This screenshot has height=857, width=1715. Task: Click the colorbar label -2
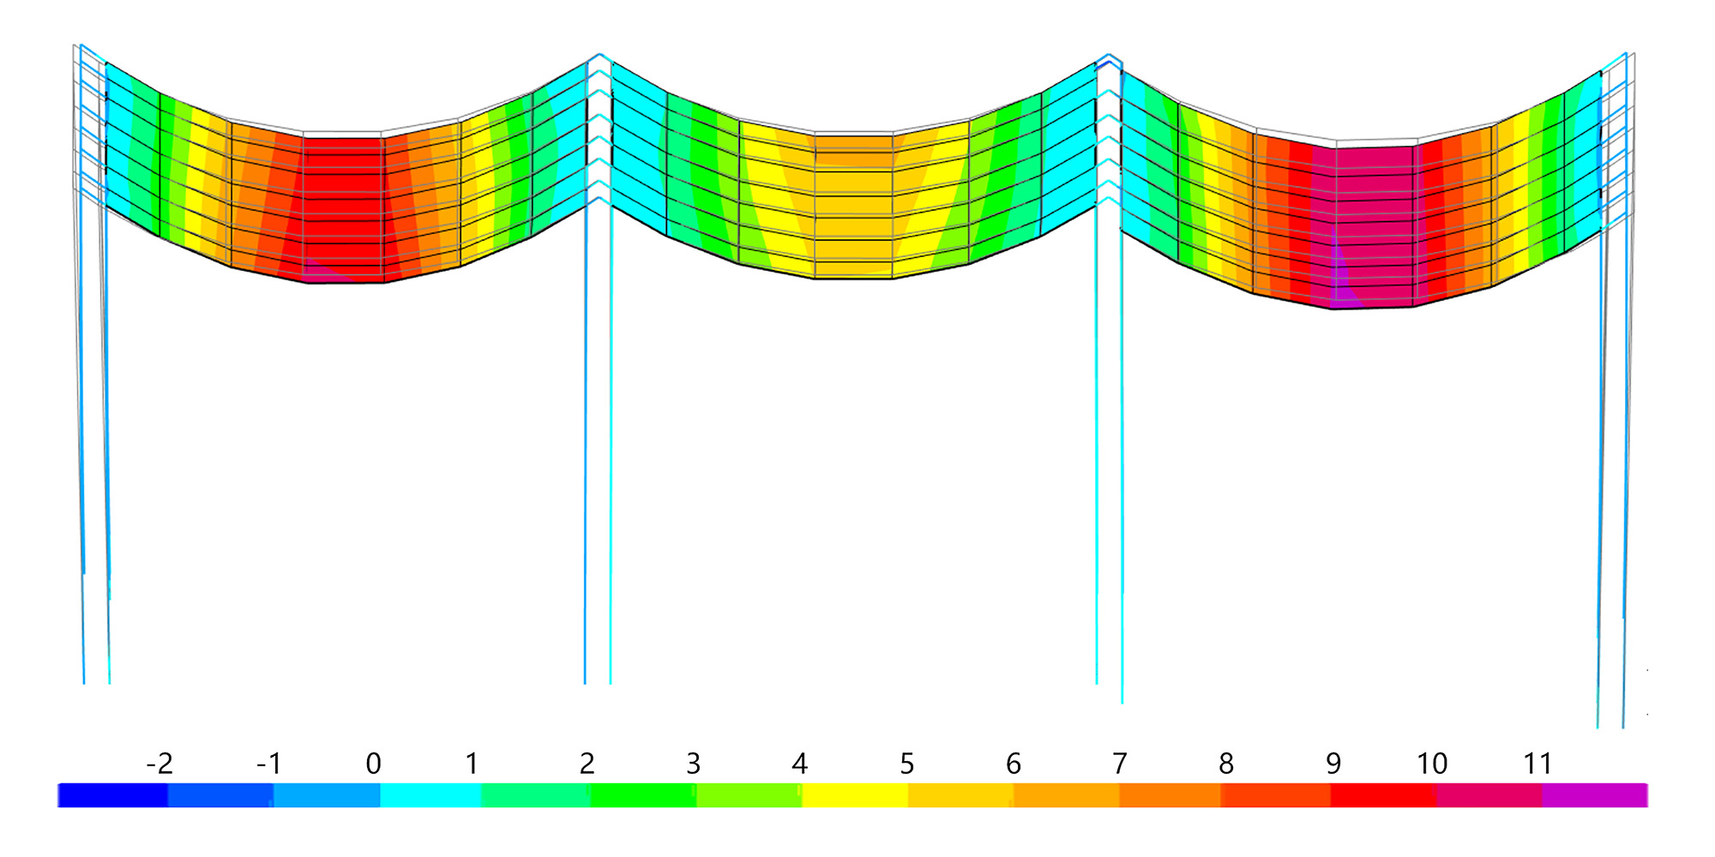pyautogui.click(x=159, y=763)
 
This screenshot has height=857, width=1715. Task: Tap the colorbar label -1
pyautogui.click(x=269, y=763)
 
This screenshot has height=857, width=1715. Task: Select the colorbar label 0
pyautogui.click(x=373, y=763)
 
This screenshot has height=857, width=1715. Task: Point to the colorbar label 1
pyautogui.click(x=472, y=763)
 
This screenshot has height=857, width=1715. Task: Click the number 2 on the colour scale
pyautogui.click(x=587, y=763)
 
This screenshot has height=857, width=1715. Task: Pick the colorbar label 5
pyautogui.click(x=906, y=763)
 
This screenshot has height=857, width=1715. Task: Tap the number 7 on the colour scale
pyautogui.click(x=1119, y=763)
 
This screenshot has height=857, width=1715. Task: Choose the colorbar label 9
pyautogui.click(x=1333, y=763)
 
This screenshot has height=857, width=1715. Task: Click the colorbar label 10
pyautogui.click(x=1431, y=763)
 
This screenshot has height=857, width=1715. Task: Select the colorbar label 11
pyautogui.click(x=1537, y=763)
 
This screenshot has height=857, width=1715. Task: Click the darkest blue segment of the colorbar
pyautogui.click(x=112, y=795)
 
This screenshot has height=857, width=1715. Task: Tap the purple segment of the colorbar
pyautogui.click(x=1594, y=795)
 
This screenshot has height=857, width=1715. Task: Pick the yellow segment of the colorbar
pyautogui.click(x=854, y=795)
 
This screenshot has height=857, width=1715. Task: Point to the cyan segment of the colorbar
pyautogui.click(x=430, y=795)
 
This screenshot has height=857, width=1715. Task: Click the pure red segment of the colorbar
pyautogui.click(x=1383, y=795)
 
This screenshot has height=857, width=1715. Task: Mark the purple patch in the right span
pyautogui.click(x=1342, y=291)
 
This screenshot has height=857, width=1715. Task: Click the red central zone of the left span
pyautogui.click(x=343, y=206)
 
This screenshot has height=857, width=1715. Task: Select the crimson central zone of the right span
pyautogui.click(x=1372, y=214)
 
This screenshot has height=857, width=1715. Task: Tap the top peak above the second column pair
pyautogui.click(x=599, y=56)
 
